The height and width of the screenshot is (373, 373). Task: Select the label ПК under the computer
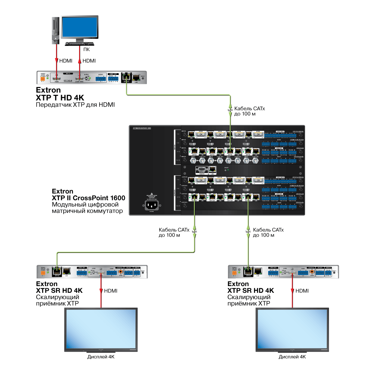pyautogui.click(x=86, y=49)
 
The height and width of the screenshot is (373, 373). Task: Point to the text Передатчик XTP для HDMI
pyautogui.click(x=75, y=105)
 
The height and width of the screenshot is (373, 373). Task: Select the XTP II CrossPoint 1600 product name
pyautogui.click(x=88, y=198)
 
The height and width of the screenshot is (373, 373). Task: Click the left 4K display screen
pyautogui.click(x=101, y=330)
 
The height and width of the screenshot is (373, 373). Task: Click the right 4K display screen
pyautogui.click(x=292, y=330)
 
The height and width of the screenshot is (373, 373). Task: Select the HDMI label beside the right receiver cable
pyautogui.click(x=302, y=291)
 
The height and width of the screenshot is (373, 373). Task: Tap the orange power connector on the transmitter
pyautogui.click(x=43, y=79)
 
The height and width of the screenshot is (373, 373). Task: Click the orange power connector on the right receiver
pyautogui.click(x=235, y=274)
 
